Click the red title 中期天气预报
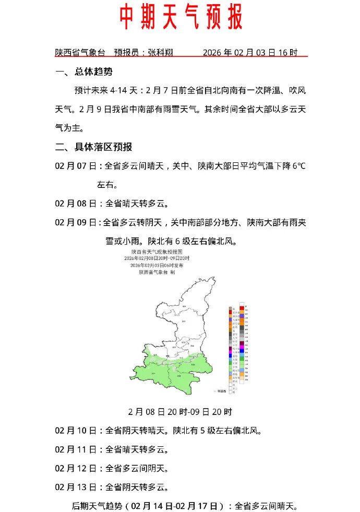[181, 18]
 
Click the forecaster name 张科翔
[160, 53]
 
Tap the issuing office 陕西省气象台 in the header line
[80, 53]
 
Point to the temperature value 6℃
[298, 166]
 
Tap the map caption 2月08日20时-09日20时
[180, 412]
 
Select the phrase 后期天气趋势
[99, 506]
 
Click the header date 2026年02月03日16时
[250, 53]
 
